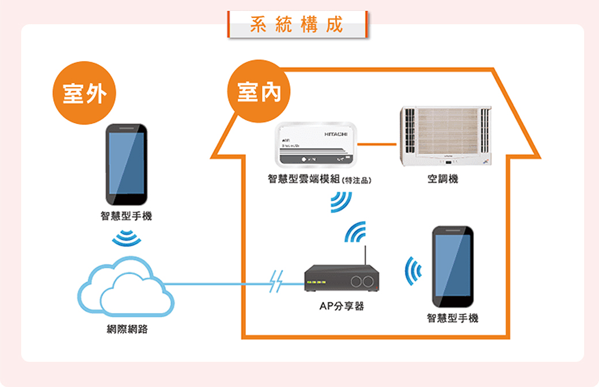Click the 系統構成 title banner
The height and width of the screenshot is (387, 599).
[297, 25]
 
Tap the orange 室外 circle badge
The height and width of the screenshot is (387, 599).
[84, 94]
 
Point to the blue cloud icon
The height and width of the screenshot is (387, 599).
[126, 287]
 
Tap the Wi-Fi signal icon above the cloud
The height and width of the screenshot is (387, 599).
[126, 237]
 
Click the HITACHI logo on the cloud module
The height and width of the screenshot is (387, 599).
[336, 134]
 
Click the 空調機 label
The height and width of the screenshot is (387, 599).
[443, 180]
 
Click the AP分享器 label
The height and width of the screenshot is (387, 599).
[342, 306]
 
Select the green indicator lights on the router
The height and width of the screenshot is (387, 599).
[317, 282]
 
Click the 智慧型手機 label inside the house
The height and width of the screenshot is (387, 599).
[453, 318]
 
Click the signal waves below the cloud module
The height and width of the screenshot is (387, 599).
[340, 201]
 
